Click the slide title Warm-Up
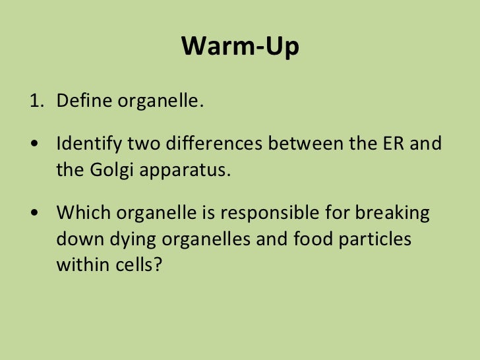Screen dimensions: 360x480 [x=240, y=46]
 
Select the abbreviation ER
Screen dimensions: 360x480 [x=392, y=144]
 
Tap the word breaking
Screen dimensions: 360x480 [x=392, y=214]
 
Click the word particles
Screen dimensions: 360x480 [x=375, y=239]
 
